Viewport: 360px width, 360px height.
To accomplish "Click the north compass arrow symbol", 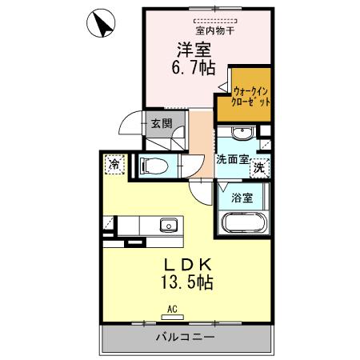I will (102, 23).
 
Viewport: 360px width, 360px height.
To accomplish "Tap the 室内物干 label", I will (198, 30).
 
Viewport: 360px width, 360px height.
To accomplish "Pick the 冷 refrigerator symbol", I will (114, 163).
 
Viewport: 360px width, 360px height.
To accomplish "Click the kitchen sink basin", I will (168, 224).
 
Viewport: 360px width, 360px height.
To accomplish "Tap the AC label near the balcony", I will (171, 308).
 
